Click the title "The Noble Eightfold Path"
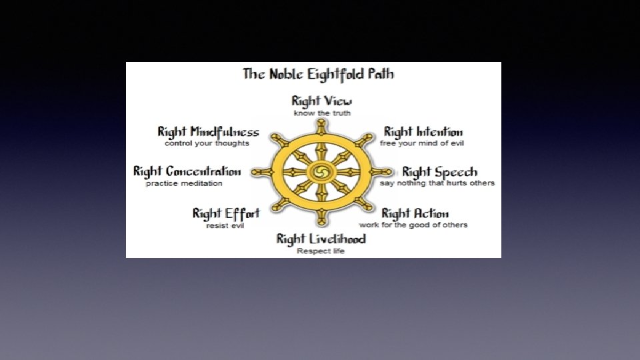coord(319,74)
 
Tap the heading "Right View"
coord(321,101)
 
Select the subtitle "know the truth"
coord(322,113)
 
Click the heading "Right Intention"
coord(423,132)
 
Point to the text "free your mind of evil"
coord(421,143)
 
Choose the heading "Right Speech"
coord(439,172)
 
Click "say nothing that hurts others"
coord(437,183)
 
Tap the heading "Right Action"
coord(415,214)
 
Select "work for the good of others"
coord(413,225)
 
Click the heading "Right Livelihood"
coord(321,239)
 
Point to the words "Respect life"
coord(321,251)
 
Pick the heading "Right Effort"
coord(226,214)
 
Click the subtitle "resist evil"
coord(225,226)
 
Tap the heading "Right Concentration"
coord(187,172)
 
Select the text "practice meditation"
coord(184,184)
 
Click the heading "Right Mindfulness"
coord(208,132)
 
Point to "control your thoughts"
coord(207,143)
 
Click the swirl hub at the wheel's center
coord(321,172)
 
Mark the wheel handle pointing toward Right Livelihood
coord(321,217)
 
